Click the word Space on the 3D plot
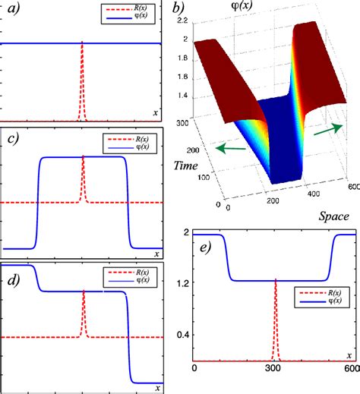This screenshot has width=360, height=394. tap(331, 216)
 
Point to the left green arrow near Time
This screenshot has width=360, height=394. tap(224, 150)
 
